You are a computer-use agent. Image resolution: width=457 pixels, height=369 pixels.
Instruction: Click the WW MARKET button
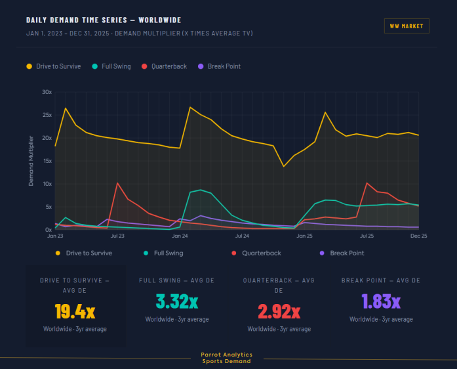tap(407, 26)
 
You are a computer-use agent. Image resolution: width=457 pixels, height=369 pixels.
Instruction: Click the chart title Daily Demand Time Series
tap(104, 20)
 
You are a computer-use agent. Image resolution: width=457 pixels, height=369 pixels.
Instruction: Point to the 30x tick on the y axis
tap(47, 92)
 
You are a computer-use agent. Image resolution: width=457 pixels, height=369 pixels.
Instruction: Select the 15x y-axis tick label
tap(47, 161)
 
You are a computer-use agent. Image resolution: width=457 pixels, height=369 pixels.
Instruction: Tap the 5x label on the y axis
tap(48, 207)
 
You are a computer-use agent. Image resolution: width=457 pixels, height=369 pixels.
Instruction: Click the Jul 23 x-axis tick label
tap(117, 235)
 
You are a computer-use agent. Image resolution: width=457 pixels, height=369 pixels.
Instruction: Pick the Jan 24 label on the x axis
tap(180, 235)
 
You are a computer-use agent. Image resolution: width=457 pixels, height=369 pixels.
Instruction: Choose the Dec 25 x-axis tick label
tap(418, 235)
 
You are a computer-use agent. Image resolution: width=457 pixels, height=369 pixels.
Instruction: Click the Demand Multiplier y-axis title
tap(31, 161)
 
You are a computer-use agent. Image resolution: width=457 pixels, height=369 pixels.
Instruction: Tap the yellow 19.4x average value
tap(75, 311)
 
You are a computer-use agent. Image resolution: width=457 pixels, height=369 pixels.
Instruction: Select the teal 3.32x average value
tap(177, 301)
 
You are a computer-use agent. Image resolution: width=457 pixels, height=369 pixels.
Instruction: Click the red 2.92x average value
tap(279, 310)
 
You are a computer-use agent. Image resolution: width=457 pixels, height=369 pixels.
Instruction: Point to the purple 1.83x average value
tap(381, 301)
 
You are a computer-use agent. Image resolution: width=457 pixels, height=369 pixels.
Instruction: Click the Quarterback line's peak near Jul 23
tap(117, 183)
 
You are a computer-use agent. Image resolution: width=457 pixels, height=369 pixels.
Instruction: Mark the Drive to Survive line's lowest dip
tap(284, 166)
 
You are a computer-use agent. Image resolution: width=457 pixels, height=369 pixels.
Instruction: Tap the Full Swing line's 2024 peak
tap(200, 190)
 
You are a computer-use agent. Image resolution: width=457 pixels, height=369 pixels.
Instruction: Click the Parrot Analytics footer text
tap(226, 358)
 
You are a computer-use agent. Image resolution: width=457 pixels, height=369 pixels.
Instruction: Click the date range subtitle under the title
tap(139, 33)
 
